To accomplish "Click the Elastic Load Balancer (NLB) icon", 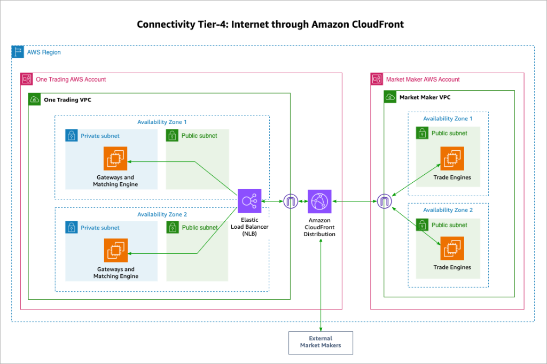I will [x=249, y=201].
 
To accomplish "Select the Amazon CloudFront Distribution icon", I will [x=319, y=201].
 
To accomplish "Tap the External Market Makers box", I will [x=321, y=342].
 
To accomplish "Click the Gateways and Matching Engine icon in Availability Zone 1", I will [x=115, y=159].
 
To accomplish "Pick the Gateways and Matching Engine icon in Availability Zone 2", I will [x=115, y=251].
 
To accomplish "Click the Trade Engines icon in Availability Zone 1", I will [x=452, y=158].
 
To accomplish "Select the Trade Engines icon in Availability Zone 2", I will [x=452, y=248].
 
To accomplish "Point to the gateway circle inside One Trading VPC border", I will [x=291, y=201].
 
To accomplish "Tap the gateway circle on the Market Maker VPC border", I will [x=384, y=201].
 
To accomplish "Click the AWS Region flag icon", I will [x=18, y=52].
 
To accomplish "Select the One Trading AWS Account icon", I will [x=27, y=79].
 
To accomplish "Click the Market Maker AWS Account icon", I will [x=377, y=79].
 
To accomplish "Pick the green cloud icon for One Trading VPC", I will [x=35, y=99].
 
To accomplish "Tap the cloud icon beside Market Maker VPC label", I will [x=390, y=97].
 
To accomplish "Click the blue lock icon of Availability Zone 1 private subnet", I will [x=72, y=136].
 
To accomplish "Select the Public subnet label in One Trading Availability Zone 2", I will [x=199, y=228].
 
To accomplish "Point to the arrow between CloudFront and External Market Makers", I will [x=321, y=283].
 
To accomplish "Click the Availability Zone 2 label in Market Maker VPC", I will [x=448, y=210].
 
